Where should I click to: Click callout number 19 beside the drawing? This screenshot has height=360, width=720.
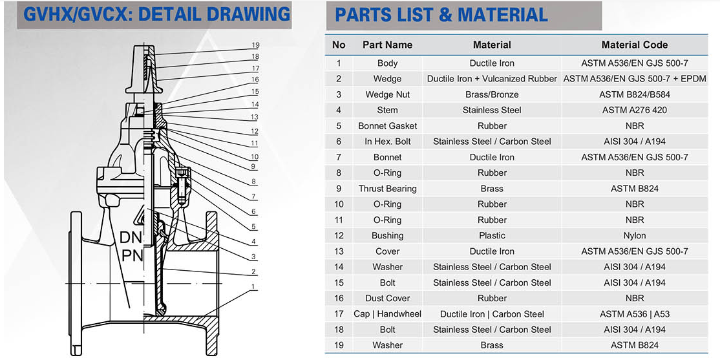tap(255, 45)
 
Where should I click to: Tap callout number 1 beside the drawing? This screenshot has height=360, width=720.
tap(253, 286)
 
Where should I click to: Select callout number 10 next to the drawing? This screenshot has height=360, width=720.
tap(255, 156)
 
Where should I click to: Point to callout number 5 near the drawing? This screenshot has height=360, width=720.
tap(253, 226)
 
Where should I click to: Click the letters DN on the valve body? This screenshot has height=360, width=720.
tap(131, 237)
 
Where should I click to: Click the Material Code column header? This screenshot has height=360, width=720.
tap(635, 45)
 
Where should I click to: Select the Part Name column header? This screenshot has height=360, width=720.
tap(388, 45)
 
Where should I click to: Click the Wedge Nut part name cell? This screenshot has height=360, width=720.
tap(388, 94)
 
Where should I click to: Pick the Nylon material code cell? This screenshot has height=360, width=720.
tap(635, 235)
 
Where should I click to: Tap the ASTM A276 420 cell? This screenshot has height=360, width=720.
tap(635, 111)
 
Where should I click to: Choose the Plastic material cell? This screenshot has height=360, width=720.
tap(492, 235)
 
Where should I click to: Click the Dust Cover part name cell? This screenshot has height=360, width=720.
tap(388, 299)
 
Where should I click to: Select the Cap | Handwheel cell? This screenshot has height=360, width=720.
tap(388, 314)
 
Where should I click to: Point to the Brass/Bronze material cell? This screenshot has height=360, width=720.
tap(492, 94)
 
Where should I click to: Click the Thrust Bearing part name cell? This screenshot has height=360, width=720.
tap(388, 189)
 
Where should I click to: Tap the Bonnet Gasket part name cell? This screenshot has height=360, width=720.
tap(388, 126)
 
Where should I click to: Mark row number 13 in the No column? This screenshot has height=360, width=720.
tap(339, 251)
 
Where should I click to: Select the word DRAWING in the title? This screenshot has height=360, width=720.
tap(248, 14)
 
